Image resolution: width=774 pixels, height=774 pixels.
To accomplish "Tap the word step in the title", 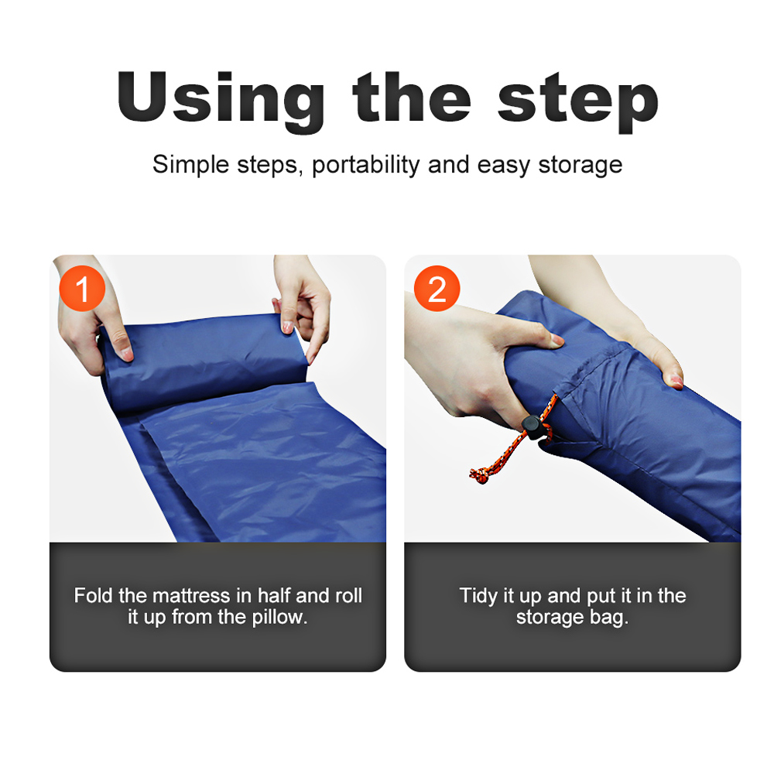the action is click(577, 102).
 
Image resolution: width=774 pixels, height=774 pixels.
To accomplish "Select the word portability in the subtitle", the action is click(366, 165).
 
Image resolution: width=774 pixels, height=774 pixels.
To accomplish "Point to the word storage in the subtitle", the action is click(580, 166).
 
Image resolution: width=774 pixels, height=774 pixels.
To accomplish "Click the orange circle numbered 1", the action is click(82, 288).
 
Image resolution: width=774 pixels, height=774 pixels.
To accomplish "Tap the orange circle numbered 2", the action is click(437, 288).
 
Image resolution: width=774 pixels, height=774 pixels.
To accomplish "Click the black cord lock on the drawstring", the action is click(533, 427).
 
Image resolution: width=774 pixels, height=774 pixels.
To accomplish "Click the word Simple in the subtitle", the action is click(191, 165).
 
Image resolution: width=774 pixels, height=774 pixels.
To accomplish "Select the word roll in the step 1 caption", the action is click(349, 595).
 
